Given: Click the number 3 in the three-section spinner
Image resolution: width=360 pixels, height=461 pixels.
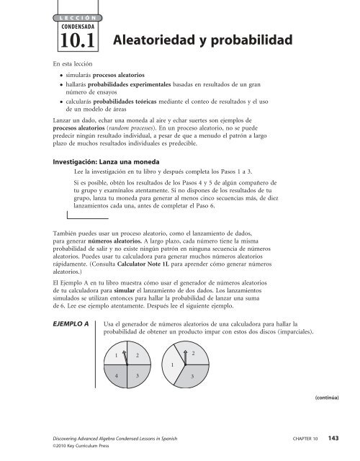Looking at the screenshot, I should pos(192,377).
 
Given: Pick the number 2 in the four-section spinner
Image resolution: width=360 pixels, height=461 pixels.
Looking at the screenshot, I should pos(137,356).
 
